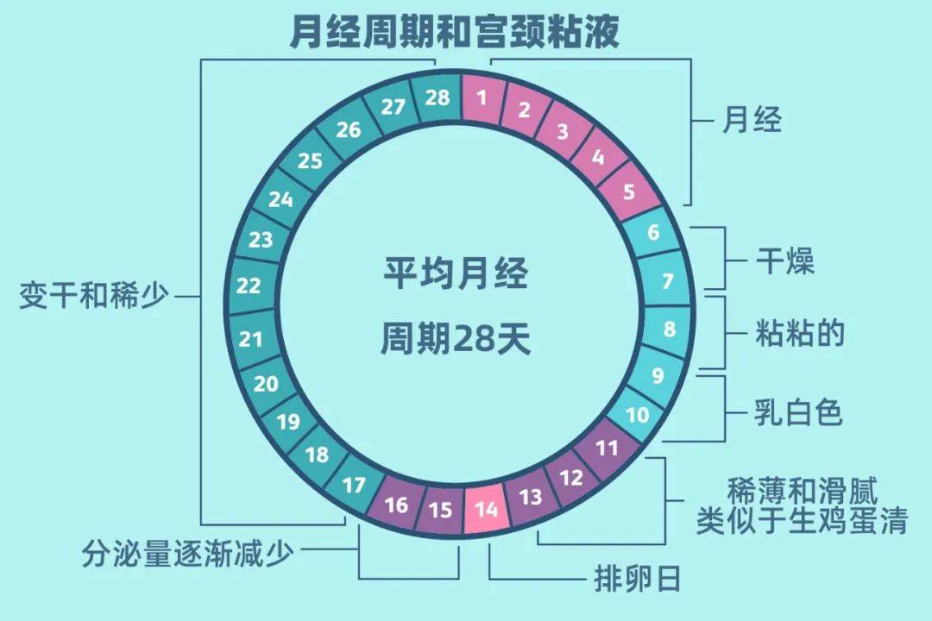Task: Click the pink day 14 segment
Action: click(x=487, y=509)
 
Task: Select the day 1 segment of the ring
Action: click(x=482, y=97)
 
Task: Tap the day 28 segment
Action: click(x=438, y=97)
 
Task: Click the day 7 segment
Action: click(x=667, y=281)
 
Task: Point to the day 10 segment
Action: click(x=637, y=415)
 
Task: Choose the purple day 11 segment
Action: click(x=608, y=448)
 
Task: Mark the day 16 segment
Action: click(x=396, y=503)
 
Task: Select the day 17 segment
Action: click(x=354, y=485)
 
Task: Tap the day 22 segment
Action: click(x=249, y=285)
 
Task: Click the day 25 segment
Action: click(x=310, y=160)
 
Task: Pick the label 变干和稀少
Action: click(x=94, y=296)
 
